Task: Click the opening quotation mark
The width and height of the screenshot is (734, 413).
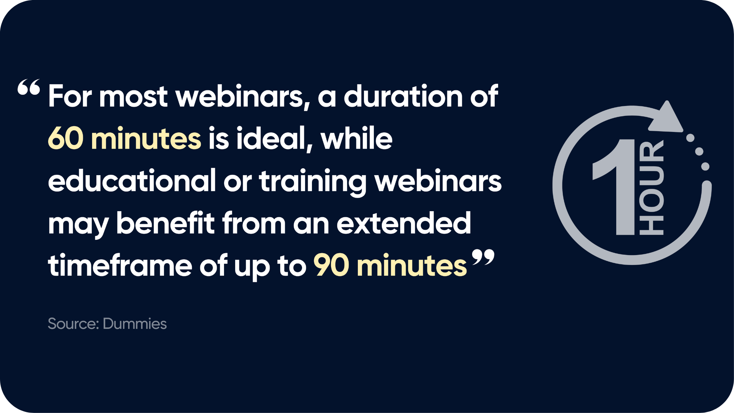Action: coord(29,87)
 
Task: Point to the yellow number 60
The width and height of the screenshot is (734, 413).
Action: coord(66,138)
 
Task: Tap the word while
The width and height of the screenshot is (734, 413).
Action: coord(356,138)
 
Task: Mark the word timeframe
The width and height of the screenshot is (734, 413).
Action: coord(120,265)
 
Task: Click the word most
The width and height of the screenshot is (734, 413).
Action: coord(133,96)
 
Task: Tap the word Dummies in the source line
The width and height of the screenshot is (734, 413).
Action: coord(135,324)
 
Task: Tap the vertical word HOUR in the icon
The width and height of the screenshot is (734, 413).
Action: coord(651,188)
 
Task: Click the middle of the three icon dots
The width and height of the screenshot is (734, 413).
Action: coord(699,151)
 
